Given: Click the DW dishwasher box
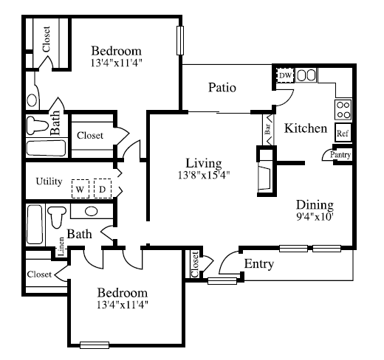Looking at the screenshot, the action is click(x=285, y=75).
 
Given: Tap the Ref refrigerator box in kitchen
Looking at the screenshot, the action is click(x=343, y=133).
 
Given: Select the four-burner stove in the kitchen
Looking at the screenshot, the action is click(x=343, y=110).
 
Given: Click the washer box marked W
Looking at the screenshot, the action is click(x=80, y=189).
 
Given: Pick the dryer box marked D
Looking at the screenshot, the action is click(x=103, y=189).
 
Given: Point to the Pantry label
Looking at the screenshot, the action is click(x=340, y=155).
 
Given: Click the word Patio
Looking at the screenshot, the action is click(x=222, y=88).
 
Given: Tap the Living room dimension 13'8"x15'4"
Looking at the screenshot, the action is click(x=204, y=175).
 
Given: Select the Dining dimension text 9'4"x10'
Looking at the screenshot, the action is click(x=315, y=217).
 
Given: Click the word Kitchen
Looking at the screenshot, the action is click(x=306, y=128).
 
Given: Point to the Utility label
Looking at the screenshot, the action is click(x=49, y=181).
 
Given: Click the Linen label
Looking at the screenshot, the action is click(x=61, y=246).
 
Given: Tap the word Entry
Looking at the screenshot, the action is click(x=259, y=264).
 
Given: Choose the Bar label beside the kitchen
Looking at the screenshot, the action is click(x=267, y=128).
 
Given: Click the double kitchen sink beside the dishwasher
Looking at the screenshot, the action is click(x=306, y=75).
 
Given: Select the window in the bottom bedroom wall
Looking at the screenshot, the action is click(x=95, y=345).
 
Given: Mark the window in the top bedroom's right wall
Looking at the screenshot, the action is click(x=180, y=41).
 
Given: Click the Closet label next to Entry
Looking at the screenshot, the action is click(x=195, y=264).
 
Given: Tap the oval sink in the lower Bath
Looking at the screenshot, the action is click(x=92, y=211).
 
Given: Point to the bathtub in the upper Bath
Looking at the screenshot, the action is click(x=46, y=148).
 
